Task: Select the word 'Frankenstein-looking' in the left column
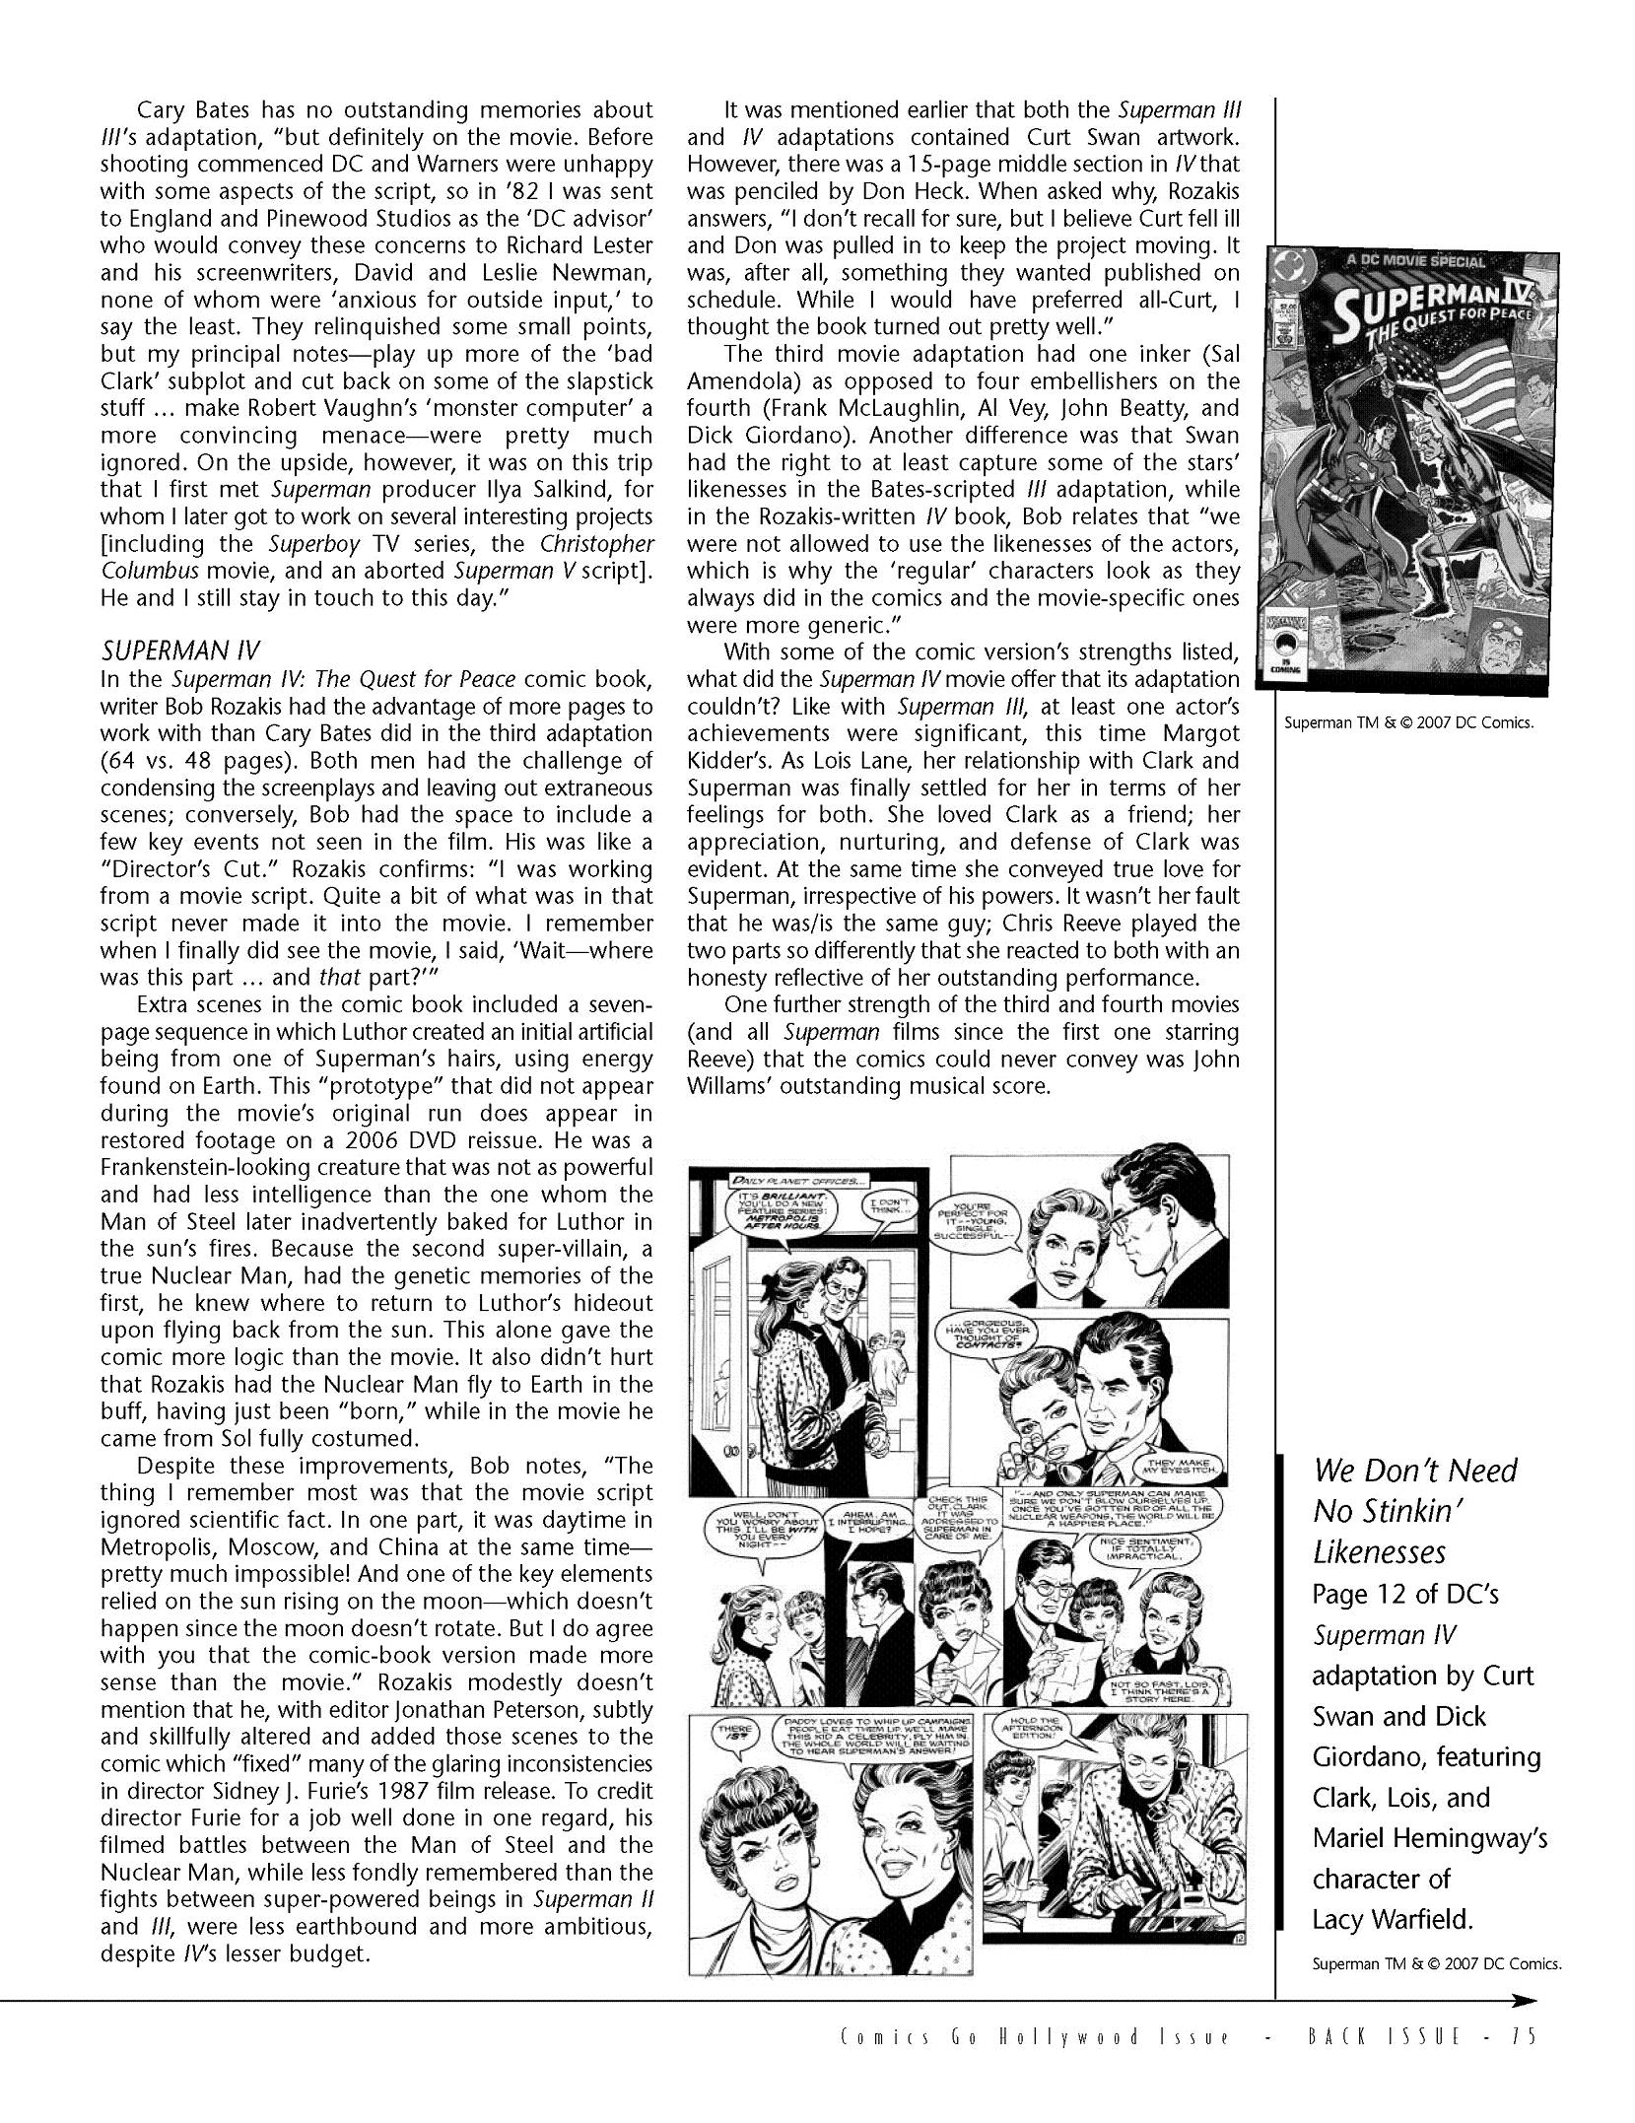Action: coord(238,1167)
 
